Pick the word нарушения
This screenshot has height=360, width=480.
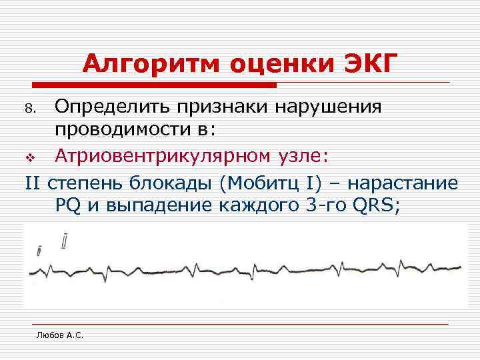pyautogui.click(x=336, y=107)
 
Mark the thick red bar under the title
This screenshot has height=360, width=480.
pyautogui.click(x=154, y=85)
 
